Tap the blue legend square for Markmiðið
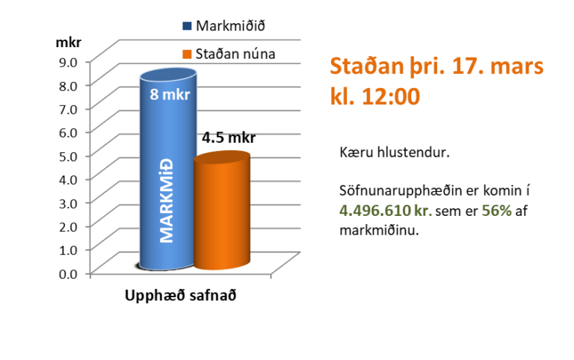tap(187, 26)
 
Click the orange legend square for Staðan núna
tap(187, 54)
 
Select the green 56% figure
tap(496, 211)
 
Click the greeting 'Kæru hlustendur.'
tap(384, 152)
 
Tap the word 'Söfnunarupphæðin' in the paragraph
tap(392, 192)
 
